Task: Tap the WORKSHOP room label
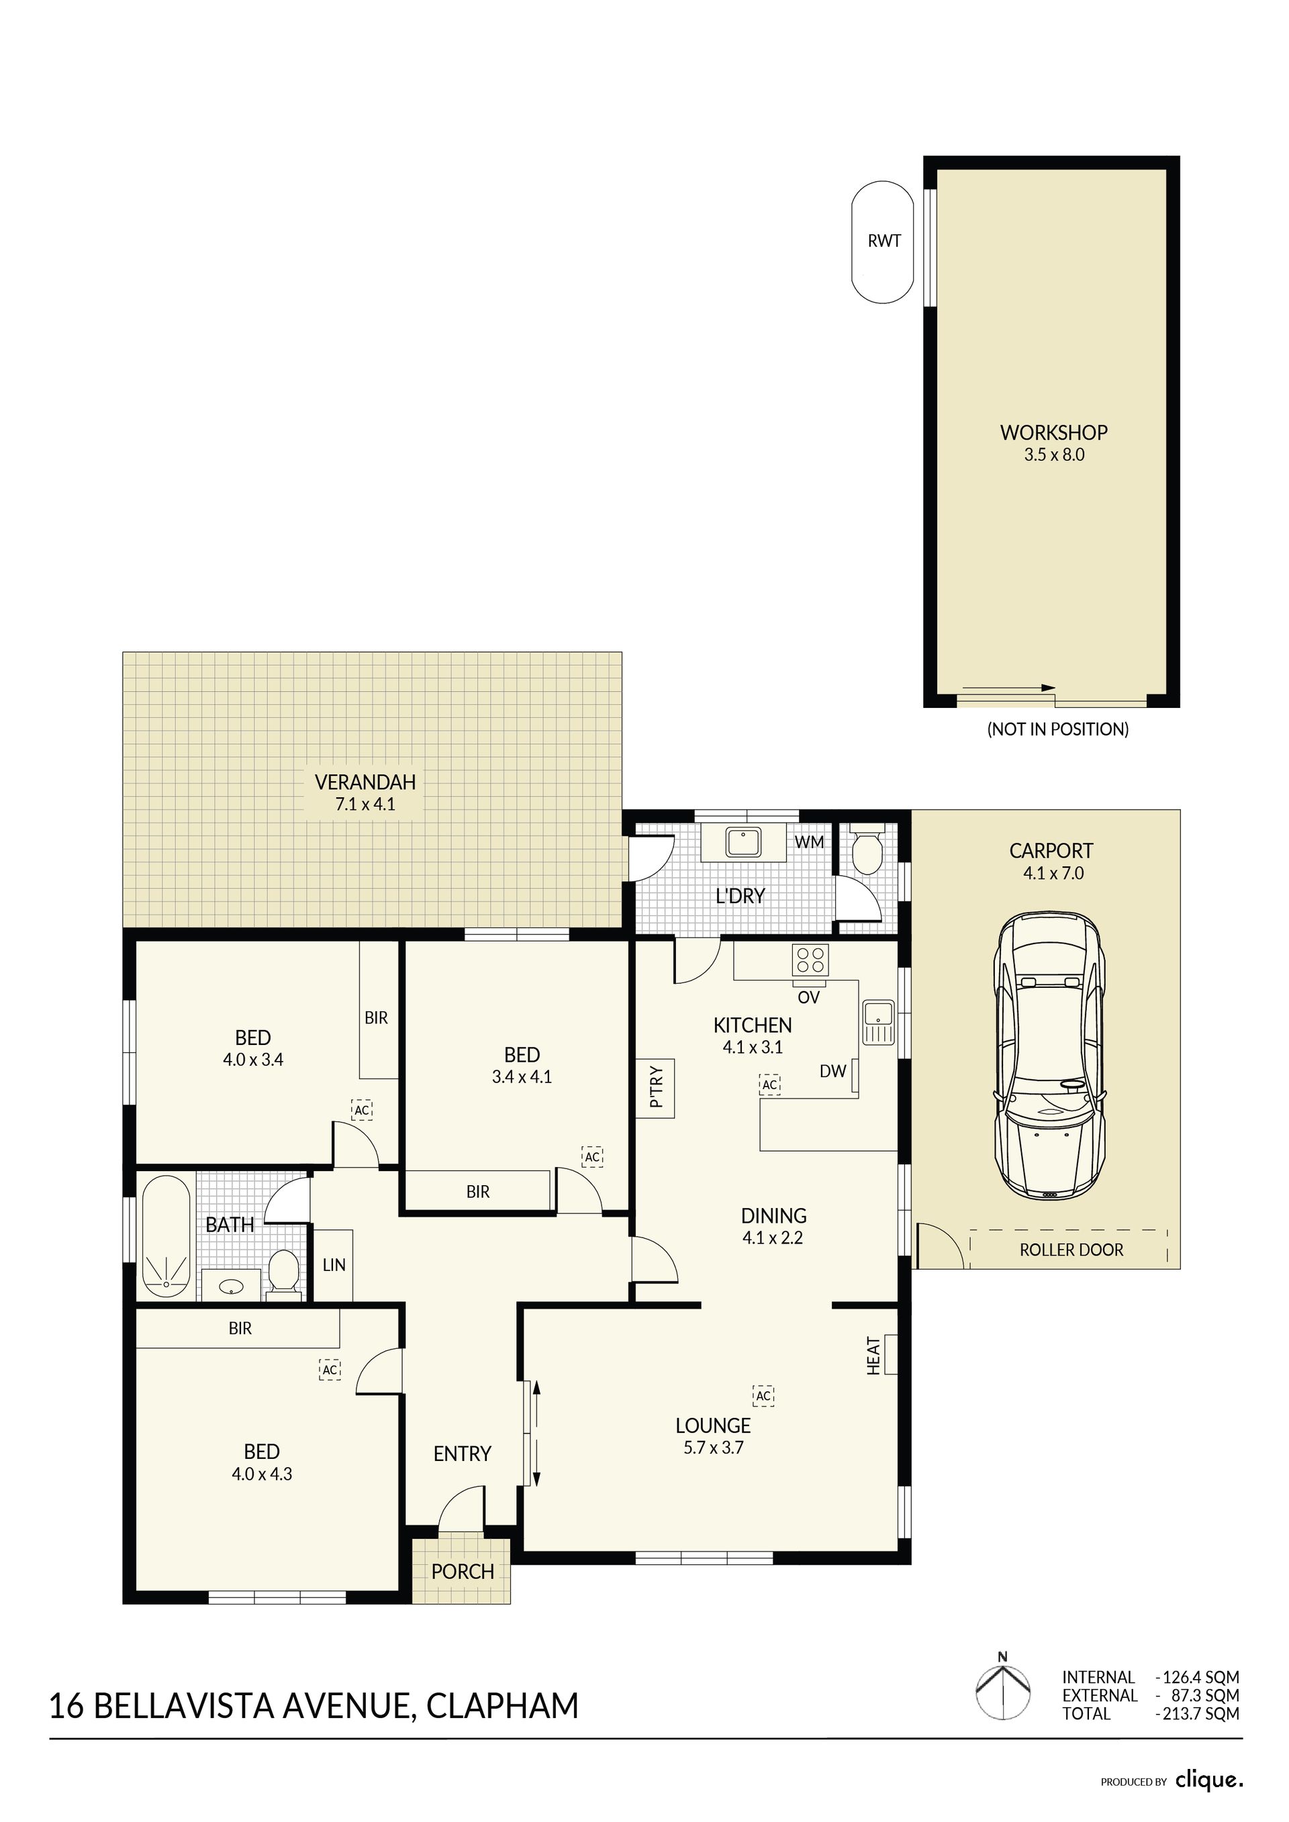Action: [x=1053, y=432]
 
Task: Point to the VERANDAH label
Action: [x=365, y=782]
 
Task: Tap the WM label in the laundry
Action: [x=809, y=842]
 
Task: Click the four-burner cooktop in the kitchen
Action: [x=810, y=960]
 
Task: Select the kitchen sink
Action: [x=878, y=1022]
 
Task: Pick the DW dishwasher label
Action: [x=832, y=1071]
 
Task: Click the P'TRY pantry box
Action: [x=656, y=1088]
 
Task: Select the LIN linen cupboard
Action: [x=334, y=1265]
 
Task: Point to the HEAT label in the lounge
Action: [x=873, y=1356]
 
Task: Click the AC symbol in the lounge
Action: [x=763, y=1396]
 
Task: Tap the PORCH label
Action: [x=463, y=1572]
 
